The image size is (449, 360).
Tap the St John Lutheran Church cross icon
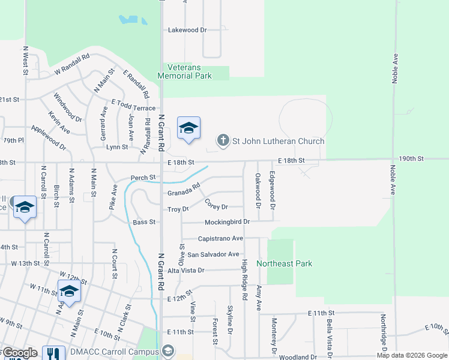pyautogui.click(x=223, y=141)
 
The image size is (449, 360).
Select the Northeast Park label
pyautogui.click(x=285, y=263)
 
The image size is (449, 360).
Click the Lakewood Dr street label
pyautogui.click(x=187, y=29)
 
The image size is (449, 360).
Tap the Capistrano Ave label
pyautogui.click(x=220, y=238)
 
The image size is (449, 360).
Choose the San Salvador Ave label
pyautogui.click(x=213, y=254)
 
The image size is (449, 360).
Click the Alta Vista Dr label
pyautogui.click(x=186, y=271)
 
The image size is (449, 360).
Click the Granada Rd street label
pyautogui.click(x=183, y=191)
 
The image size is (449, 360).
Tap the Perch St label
pyautogui.click(x=143, y=178)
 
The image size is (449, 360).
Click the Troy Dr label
pyautogui.click(x=178, y=209)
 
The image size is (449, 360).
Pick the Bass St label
pyautogui.click(x=144, y=222)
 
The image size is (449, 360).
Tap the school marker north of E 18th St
pyautogui.click(x=188, y=128)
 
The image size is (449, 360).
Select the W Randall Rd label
pyautogui.click(x=71, y=63)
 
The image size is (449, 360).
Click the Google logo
pyautogui.click(x=19, y=353)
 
